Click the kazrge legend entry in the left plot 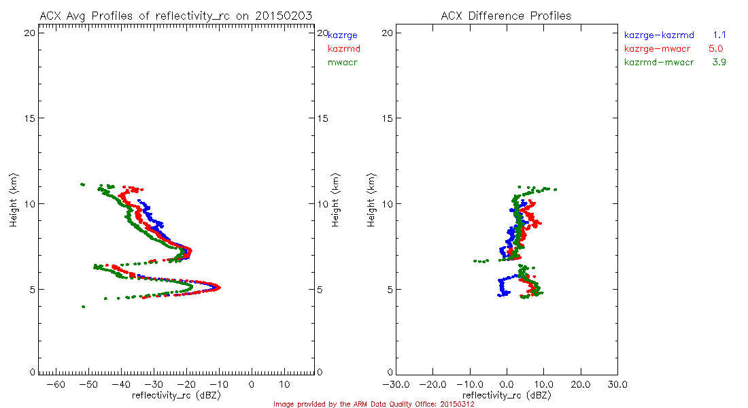[x=343, y=35]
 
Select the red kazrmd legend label [x=344, y=48]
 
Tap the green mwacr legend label [x=343, y=63]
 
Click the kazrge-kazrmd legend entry [x=659, y=34]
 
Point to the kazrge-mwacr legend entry [x=659, y=48]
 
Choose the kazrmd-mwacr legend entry [x=659, y=63]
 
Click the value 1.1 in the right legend [x=720, y=34]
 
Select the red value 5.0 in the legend [x=716, y=48]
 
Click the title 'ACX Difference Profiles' [x=506, y=16]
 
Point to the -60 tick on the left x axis [x=58, y=385]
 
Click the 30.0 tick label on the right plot [x=617, y=385]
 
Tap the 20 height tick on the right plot [x=386, y=33]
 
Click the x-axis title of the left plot [x=176, y=395]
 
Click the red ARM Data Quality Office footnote [x=373, y=404]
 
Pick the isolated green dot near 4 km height [x=84, y=307]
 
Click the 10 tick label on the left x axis [x=284, y=385]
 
